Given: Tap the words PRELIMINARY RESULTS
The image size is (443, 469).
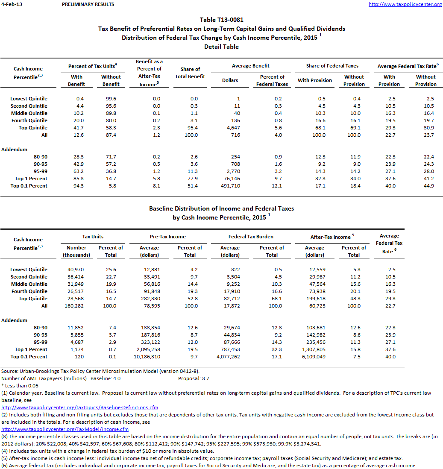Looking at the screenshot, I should point(88,4).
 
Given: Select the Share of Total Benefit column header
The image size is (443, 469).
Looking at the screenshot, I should point(190,73).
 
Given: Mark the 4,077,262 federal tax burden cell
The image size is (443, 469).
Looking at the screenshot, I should point(230,357).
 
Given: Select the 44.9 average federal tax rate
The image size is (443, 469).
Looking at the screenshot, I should point(426,186).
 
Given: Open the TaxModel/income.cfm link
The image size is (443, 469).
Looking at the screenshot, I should point(65,429).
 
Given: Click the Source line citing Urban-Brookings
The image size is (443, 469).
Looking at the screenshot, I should point(100,371).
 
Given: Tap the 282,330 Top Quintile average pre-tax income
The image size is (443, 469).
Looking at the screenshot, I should point(150,299).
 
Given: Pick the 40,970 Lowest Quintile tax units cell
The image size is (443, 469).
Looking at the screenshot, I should point(77,270).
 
